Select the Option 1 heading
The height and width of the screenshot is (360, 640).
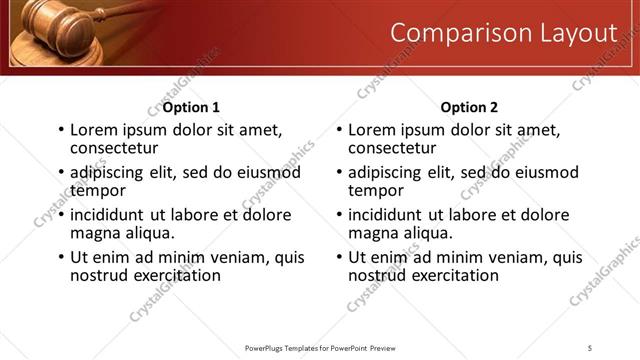click(x=191, y=107)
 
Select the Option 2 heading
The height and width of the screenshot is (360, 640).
click(x=468, y=107)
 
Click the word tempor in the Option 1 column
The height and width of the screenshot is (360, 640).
click(x=97, y=190)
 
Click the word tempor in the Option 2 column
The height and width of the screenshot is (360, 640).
click(x=375, y=190)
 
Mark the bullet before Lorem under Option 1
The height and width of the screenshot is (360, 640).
click(x=61, y=130)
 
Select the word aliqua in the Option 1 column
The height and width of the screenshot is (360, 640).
click(x=146, y=233)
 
